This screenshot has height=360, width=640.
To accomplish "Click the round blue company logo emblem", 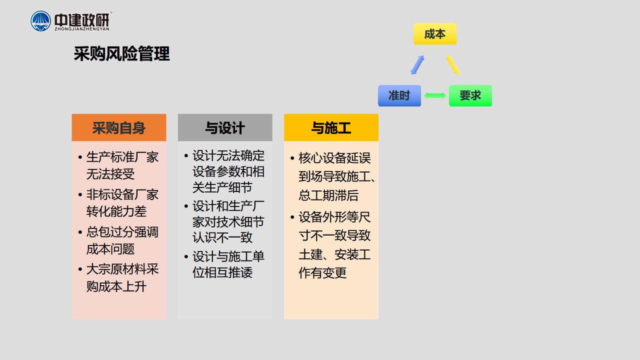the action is [x=40, y=21].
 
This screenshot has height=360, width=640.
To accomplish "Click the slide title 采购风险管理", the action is [x=121, y=53].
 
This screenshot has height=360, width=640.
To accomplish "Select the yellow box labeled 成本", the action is [x=435, y=34].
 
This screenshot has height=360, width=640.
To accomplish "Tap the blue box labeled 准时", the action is [x=399, y=95].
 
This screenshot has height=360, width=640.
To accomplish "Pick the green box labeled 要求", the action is [x=470, y=95].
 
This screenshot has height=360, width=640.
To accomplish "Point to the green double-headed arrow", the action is [x=435, y=95].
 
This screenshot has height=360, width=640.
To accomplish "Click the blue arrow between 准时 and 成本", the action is [x=417, y=65].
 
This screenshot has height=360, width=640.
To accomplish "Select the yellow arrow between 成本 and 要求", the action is [x=453, y=65].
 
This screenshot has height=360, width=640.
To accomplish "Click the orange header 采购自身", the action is [x=119, y=127].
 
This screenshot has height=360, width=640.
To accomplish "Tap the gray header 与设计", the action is [x=225, y=127].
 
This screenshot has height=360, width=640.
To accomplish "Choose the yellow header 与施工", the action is [x=331, y=127].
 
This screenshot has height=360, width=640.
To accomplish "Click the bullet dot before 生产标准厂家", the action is [x=80, y=157].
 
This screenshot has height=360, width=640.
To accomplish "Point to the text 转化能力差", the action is [x=116, y=211].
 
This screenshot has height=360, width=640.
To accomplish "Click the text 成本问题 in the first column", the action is [x=110, y=249].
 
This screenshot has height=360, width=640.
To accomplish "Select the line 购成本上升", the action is [x=116, y=286].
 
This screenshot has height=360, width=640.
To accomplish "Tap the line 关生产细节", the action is [x=222, y=187].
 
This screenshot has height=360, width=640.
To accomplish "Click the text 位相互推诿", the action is [x=222, y=272].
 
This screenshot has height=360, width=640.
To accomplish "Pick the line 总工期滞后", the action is [x=328, y=195].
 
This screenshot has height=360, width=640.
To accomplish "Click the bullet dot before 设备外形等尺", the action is [x=292, y=217].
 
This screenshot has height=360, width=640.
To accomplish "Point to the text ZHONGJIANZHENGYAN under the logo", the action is [x=82, y=29].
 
